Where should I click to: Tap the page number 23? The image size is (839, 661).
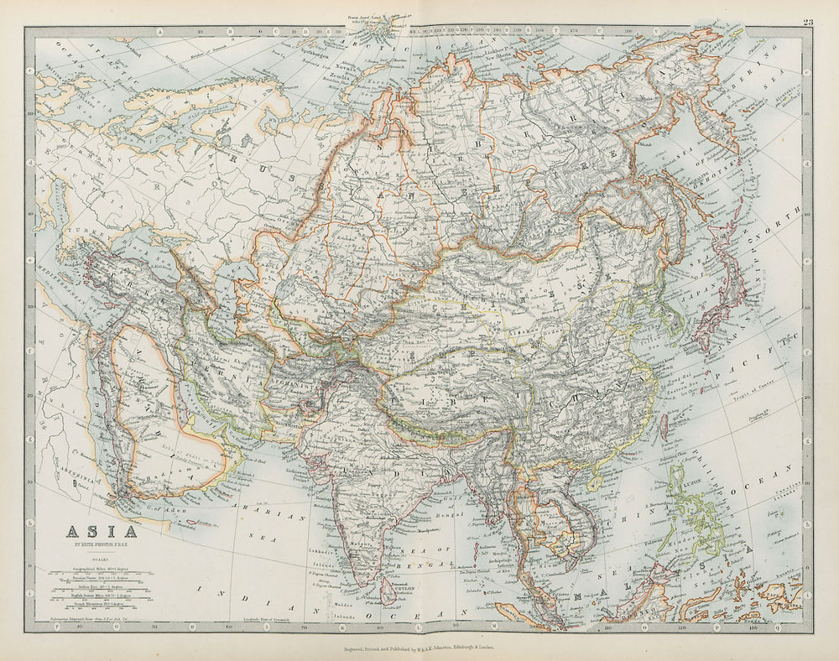point(807,22)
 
